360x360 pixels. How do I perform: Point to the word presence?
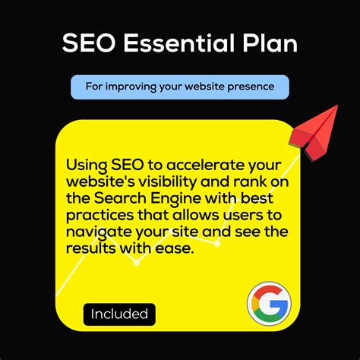(x=248, y=87)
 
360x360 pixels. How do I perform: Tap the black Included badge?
(x=119, y=314)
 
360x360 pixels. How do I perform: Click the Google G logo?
(x=268, y=304)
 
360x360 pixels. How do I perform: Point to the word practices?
(x=97, y=216)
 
